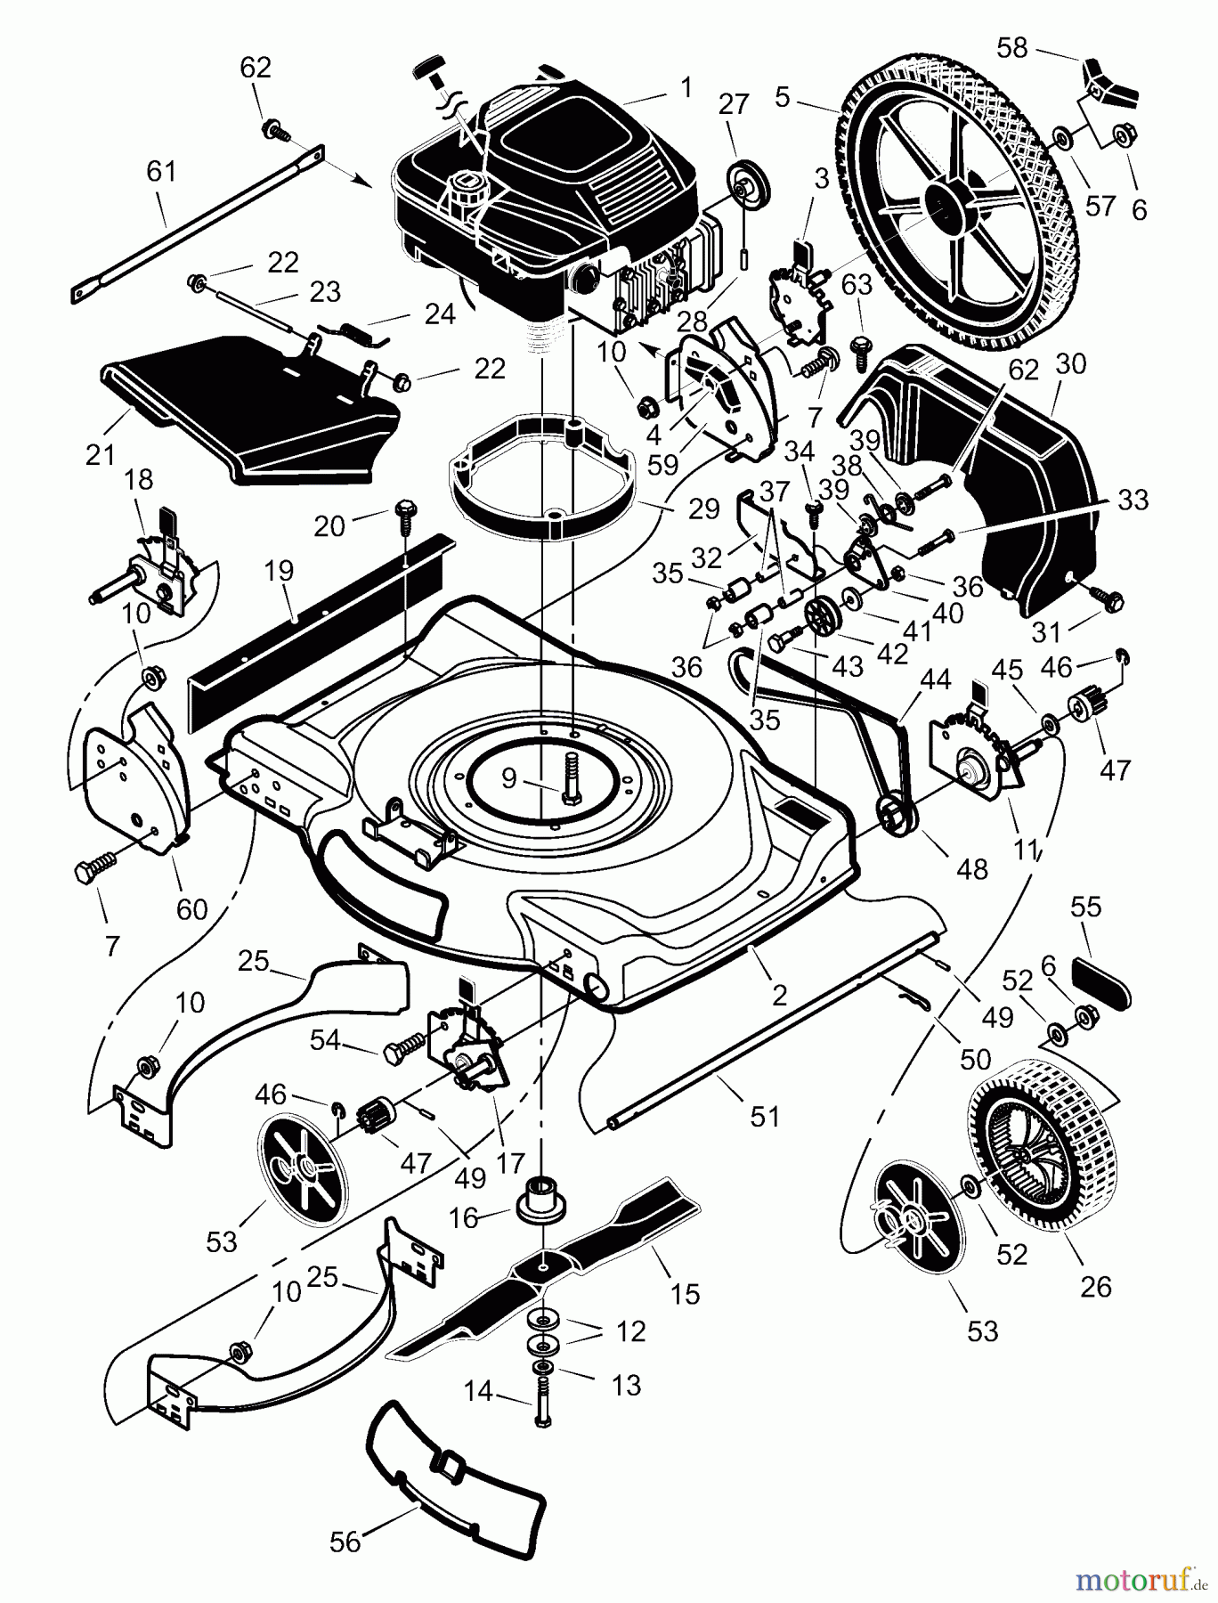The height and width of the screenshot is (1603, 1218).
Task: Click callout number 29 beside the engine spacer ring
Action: [703, 509]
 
